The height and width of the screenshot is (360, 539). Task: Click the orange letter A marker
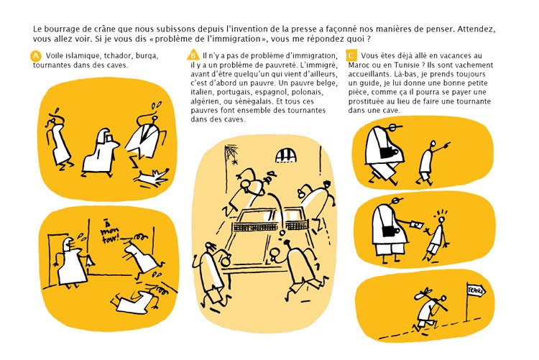tap(35, 56)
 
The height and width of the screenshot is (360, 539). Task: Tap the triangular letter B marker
tap(193, 55)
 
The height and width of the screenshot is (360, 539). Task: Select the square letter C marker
tap(351, 56)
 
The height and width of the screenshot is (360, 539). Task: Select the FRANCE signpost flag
tap(476, 291)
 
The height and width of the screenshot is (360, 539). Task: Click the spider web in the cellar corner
tap(231, 154)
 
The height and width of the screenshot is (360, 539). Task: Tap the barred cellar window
tap(286, 155)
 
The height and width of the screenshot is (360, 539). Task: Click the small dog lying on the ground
tap(152, 177)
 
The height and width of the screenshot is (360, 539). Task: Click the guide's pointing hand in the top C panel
tap(446, 145)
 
